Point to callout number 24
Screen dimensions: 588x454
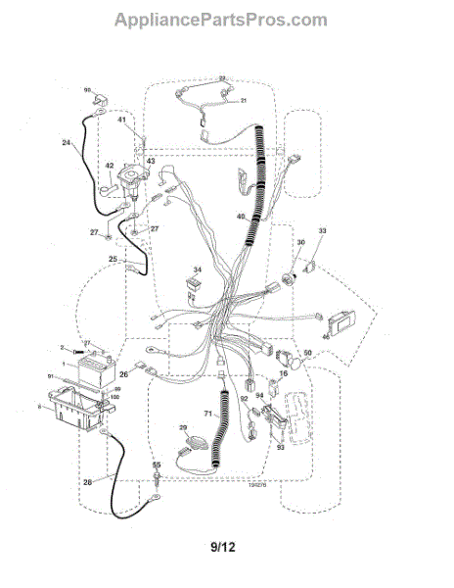67,143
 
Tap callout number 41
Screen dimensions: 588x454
123,121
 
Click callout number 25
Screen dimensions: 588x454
113,260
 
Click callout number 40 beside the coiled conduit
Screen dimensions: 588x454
241,217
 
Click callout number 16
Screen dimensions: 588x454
284,373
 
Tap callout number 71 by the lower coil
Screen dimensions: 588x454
207,415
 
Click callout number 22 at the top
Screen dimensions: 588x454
222,77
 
